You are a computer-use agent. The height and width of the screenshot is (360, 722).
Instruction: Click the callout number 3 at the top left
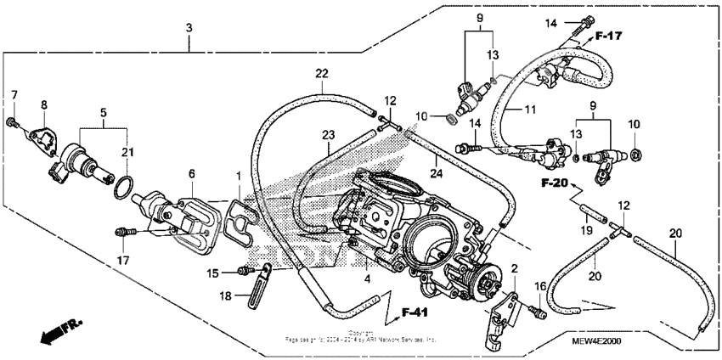[189, 28]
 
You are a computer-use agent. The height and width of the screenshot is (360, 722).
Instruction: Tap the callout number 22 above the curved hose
[321, 74]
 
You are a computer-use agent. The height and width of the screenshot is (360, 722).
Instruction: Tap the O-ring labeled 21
[122, 185]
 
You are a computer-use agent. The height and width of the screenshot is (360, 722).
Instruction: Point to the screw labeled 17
[125, 230]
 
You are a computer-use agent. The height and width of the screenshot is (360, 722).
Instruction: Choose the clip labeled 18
[257, 290]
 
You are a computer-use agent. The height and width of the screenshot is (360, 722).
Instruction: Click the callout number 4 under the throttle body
[366, 278]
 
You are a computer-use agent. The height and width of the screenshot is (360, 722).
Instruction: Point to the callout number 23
[328, 134]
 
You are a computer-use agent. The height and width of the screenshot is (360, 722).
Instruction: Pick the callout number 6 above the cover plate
[191, 173]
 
